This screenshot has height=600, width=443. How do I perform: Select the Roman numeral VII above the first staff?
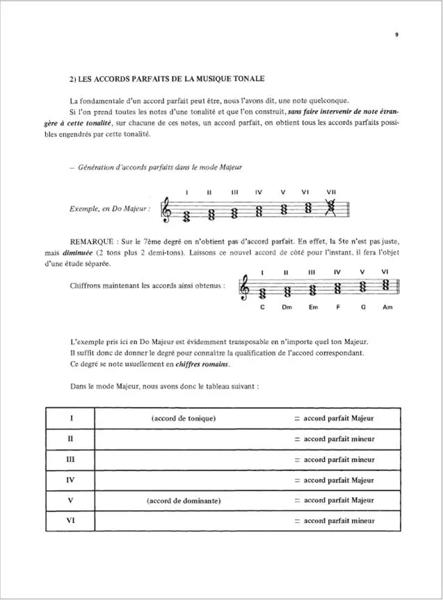point(330,192)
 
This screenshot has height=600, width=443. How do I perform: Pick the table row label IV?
point(70,479)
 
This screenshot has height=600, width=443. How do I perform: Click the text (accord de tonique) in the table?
point(183,418)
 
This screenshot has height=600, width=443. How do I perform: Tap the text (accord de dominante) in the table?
point(184,499)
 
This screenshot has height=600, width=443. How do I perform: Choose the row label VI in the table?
point(70,519)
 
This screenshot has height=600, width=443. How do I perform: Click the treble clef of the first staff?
point(167,208)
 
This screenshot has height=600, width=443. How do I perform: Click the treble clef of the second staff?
point(244,287)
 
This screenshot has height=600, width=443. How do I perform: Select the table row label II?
point(70,439)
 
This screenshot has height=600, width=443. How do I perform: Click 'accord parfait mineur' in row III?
point(339,459)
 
